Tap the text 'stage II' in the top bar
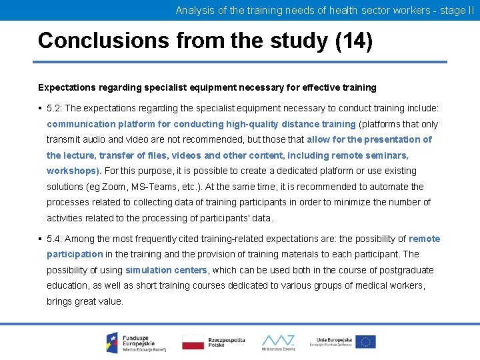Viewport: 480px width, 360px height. (x=456, y=11)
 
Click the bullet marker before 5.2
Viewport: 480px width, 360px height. (x=41, y=108)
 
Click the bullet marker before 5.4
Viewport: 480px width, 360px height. (x=41, y=239)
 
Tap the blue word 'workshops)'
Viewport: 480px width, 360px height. (x=73, y=171)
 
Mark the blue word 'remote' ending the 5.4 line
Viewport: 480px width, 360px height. (x=425, y=239)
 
